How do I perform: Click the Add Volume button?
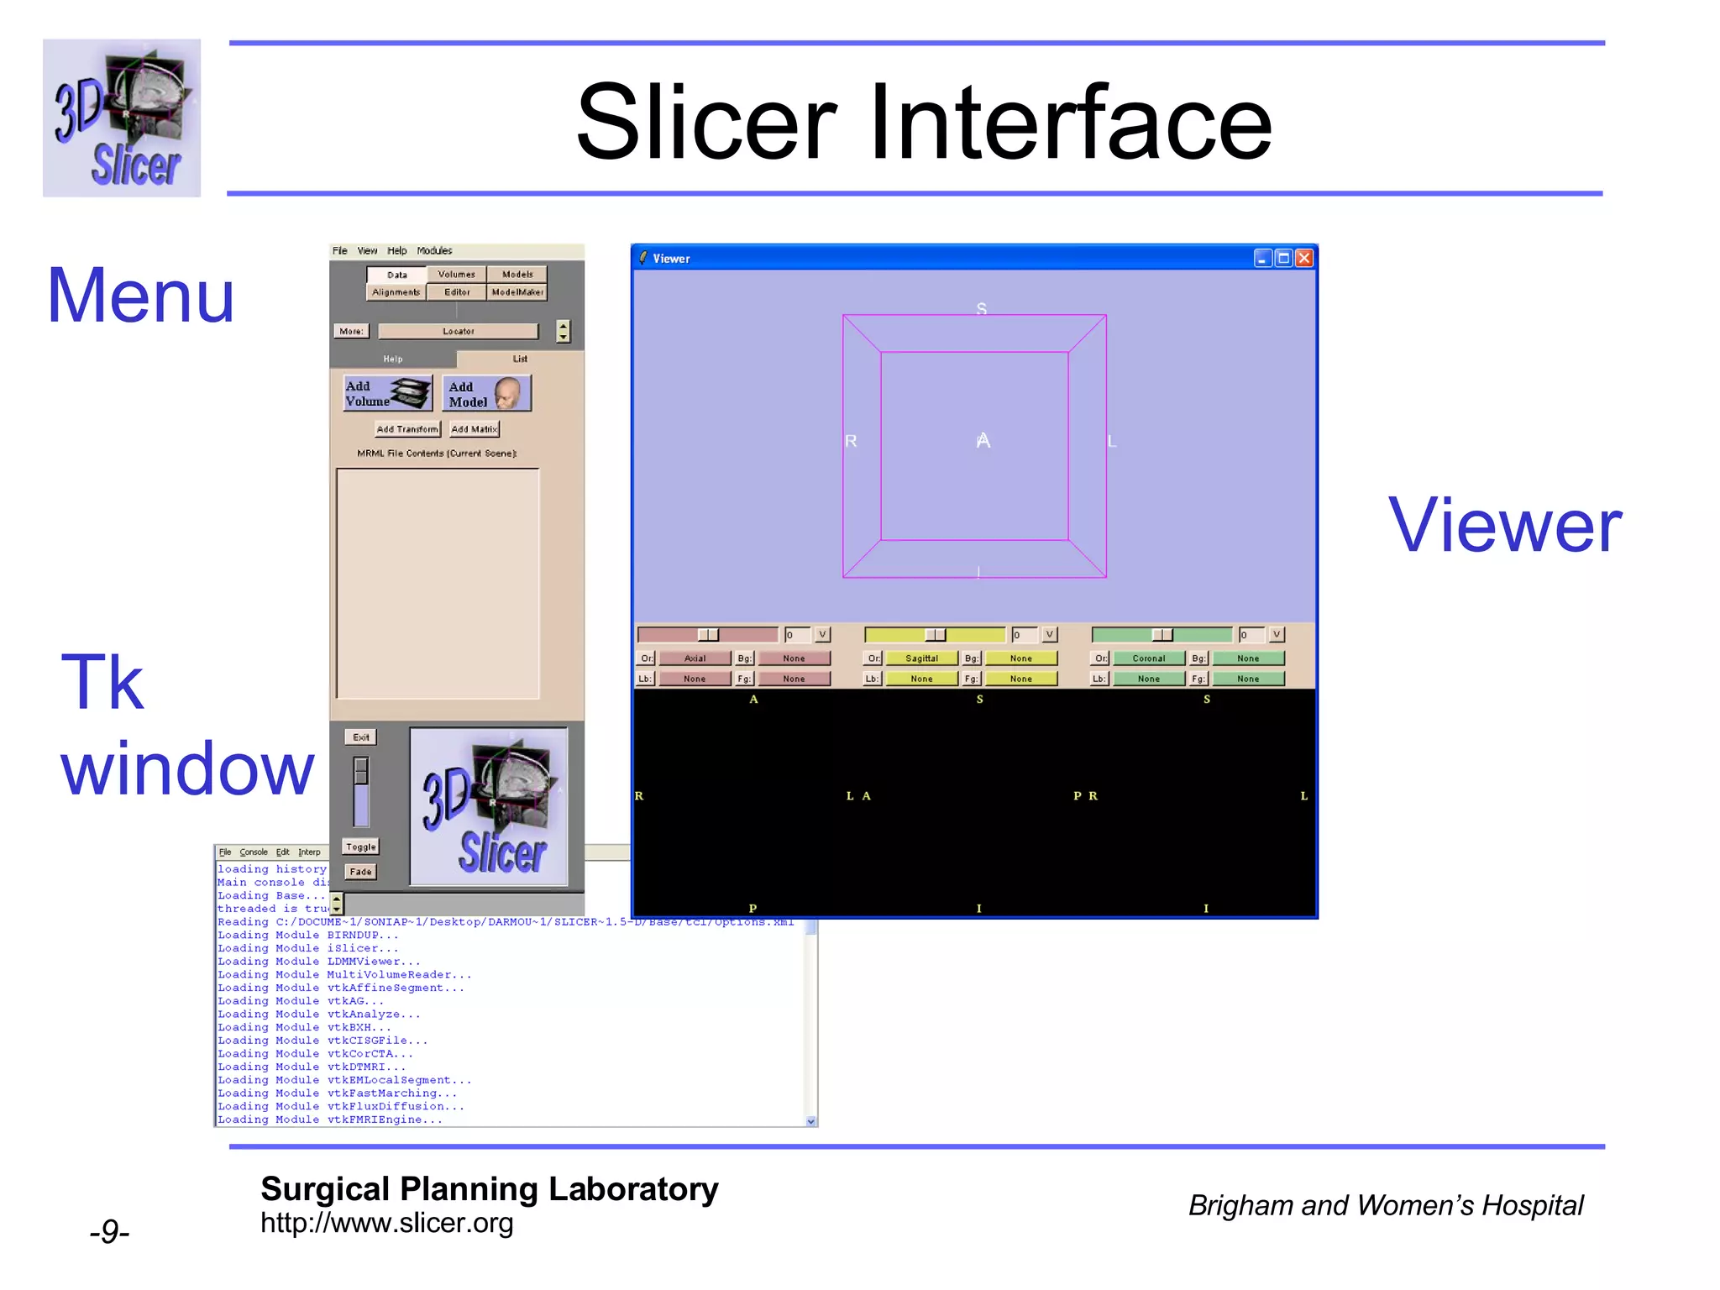(387, 393)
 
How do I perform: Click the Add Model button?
(486, 393)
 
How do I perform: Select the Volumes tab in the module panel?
(456, 275)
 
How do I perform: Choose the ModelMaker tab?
(517, 292)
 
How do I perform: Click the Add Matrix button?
(474, 429)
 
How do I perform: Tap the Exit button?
(361, 737)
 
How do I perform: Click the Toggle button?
(361, 847)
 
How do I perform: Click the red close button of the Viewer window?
(1303, 258)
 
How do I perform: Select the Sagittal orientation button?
(921, 658)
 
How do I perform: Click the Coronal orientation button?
(1148, 658)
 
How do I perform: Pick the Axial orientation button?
(695, 658)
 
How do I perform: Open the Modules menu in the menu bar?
(434, 250)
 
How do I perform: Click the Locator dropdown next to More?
(458, 331)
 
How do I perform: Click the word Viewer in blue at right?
(1504, 526)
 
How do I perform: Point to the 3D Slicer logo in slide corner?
(122, 118)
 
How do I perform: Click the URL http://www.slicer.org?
(386, 1223)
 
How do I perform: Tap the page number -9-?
(109, 1232)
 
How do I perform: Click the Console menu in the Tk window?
(253, 852)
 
